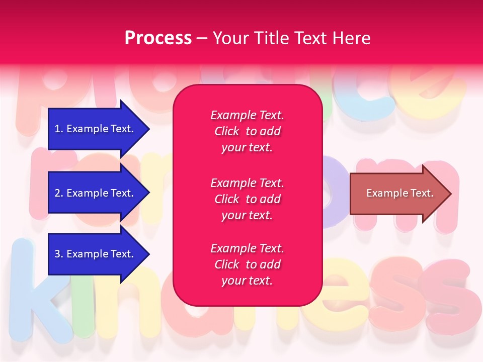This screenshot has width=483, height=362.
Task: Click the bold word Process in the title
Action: tap(158, 38)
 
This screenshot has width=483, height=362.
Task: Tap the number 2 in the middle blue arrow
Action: tap(57, 193)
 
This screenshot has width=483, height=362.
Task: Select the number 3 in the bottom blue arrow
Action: tap(57, 254)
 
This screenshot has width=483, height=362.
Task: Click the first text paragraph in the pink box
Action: tap(247, 131)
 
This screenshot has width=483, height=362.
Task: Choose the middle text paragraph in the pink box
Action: tap(247, 199)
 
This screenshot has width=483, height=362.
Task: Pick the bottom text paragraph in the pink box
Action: tap(247, 264)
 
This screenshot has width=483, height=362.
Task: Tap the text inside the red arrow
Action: tap(399, 193)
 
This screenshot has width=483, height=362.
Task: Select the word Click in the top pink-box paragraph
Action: tap(226, 131)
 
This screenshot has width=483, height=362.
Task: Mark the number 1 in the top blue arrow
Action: tap(57, 129)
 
